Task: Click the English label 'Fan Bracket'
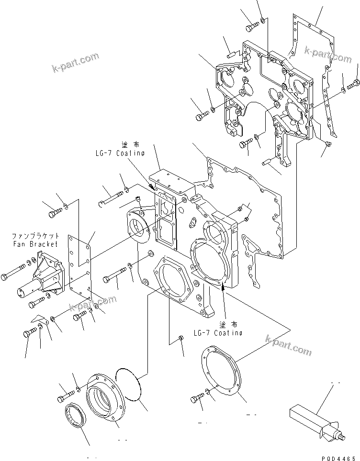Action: point(35,244)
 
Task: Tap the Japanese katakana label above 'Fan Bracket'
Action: point(35,236)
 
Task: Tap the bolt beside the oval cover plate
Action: point(197,397)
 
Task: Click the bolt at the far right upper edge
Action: point(354,85)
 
